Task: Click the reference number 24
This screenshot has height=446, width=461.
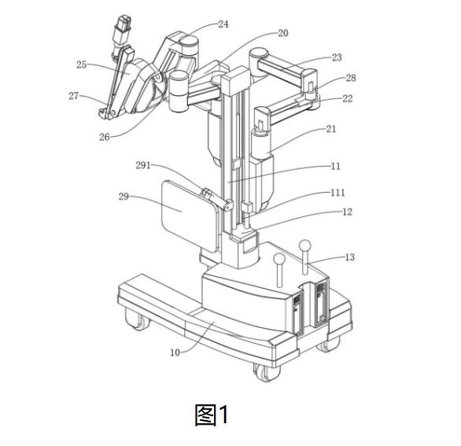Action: click(x=223, y=24)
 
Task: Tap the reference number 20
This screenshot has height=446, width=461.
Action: click(x=283, y=33)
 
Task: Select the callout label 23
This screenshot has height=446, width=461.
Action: click(x=337, y=57)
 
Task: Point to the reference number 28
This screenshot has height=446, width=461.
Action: click(x=351, y=78)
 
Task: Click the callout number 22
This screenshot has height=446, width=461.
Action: click(x=347, y=98)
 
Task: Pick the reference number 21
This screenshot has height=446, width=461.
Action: click(x=330, y=129)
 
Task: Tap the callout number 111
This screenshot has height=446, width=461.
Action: click(x=337, y=193)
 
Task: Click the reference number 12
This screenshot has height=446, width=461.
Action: click(x=347, y=212)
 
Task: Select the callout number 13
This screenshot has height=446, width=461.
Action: click(x=349, y=257)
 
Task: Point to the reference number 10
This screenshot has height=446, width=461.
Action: click(x=175, y=352)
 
